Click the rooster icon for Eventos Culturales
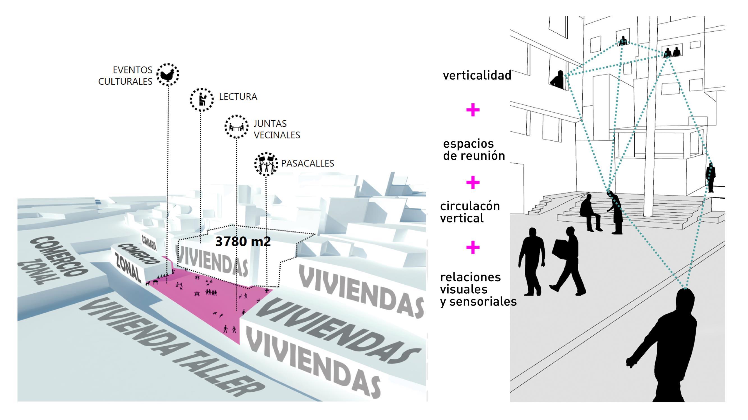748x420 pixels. point(168,75)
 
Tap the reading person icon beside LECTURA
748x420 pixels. point(202,99)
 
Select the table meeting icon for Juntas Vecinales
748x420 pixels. point(236,127)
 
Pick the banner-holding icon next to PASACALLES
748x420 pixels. point(266,164)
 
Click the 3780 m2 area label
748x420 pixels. point(243,241)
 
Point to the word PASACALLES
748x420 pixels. point(308,163)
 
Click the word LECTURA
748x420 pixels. point(238,97)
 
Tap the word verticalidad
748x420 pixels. point(477,75)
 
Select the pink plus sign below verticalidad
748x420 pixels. point(473,110)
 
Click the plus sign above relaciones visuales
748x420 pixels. point(473,247)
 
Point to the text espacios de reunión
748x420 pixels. point(474,150)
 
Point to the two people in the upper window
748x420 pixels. point(672,52)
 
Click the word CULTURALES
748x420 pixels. point(125,82)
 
